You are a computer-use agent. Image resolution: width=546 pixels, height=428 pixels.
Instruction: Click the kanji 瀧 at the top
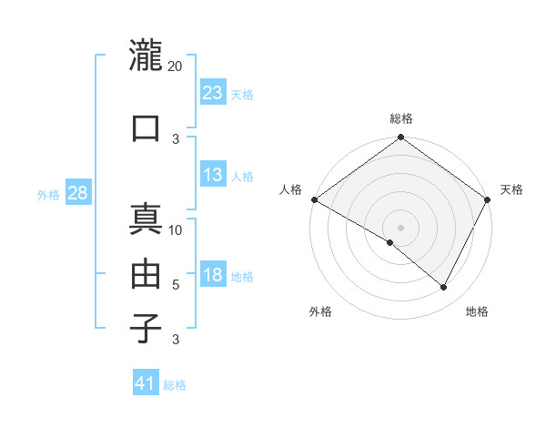click(146, 57)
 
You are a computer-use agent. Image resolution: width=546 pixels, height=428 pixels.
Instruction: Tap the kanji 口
click(146, 128)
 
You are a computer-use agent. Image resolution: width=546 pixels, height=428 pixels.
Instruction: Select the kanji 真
click(146, 221)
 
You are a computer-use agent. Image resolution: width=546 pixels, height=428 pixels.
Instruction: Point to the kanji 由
click(146, 274)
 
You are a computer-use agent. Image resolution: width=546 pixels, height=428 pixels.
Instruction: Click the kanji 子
click(146, 329)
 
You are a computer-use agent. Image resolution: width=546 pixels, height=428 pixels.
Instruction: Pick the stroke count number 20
click(176, 66)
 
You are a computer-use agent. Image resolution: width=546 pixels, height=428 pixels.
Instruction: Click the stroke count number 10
click(176, 230)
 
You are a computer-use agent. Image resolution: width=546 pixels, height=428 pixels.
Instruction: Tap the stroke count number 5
click(176, 285)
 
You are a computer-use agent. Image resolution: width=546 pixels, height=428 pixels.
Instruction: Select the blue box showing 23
click(213, 93)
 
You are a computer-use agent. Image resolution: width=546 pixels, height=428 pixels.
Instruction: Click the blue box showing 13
click(213, 176)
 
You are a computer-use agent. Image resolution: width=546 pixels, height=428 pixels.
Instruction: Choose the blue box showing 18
click(213, 276)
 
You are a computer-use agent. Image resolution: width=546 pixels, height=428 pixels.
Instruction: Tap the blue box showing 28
click(78, 194)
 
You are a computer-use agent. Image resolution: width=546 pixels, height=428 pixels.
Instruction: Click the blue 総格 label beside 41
click(175, 385)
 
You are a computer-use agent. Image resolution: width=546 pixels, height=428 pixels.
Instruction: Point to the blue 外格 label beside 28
click(48, 195)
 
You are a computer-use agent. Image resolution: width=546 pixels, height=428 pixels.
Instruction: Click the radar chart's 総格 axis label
click(401, 118)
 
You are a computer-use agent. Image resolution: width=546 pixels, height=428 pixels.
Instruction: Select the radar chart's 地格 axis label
click(477, 312)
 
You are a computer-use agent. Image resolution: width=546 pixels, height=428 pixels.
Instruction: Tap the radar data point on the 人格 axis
click(314, 199)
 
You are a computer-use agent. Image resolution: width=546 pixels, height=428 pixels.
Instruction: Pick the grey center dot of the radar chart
click(401, 227)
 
